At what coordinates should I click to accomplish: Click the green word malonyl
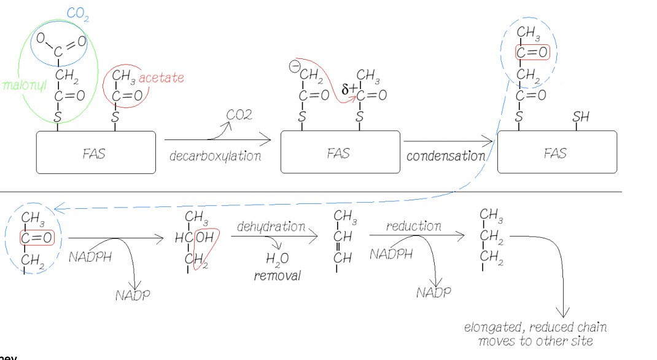(x=25, y=85)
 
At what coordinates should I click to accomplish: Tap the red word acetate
(x=161, y=78)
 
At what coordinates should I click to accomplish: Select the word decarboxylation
(x=215, y=156)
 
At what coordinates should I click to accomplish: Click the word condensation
(x=446, y=156)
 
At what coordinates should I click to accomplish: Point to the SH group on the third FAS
(x=580, y=117)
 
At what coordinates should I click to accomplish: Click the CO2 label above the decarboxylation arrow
(x=239, y=115)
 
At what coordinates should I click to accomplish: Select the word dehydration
(x=271, y=227)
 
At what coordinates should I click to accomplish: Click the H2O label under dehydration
(x=277, y=260)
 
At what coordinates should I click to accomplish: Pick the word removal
(x=278, y=276)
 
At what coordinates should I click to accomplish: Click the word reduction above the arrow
(x=413, y=226)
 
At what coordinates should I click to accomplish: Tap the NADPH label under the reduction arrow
(x=391, y=254)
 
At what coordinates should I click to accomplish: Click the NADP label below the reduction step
(x=433, y=292)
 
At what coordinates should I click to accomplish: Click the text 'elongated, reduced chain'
(x=535, y=327)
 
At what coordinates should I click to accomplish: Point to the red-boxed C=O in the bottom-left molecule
(x=36, y=238)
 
